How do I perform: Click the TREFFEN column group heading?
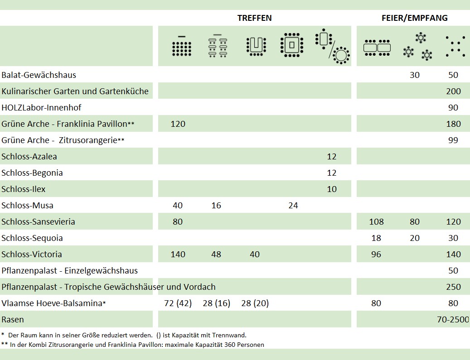click(x=254, y=18)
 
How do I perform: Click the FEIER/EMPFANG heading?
click(x=414, y=18)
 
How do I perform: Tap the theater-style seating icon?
click(x=182, y=46)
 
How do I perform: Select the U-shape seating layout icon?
click(x=256, y=46)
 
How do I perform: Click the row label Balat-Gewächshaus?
click(x=39, y=75)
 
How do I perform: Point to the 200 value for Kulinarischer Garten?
click(x=453, y=91)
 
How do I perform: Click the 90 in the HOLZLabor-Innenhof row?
click(x=453, y=108)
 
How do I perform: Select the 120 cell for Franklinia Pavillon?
click(x=178, y=124)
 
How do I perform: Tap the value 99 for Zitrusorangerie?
click(x=453, y=140)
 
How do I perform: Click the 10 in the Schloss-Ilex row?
click(x=332, y=189)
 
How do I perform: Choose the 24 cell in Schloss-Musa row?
click(x=293, y=206)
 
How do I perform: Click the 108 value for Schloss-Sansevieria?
click(x=376, y=222)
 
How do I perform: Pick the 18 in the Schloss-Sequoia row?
click(x=376, y=238)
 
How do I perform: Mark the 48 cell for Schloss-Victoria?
click(x=216, y=254)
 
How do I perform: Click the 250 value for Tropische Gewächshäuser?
click(x=453, y=287)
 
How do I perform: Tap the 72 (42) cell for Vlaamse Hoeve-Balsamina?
click(x=178, y=303)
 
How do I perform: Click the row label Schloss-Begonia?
click(x=32, y=173)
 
